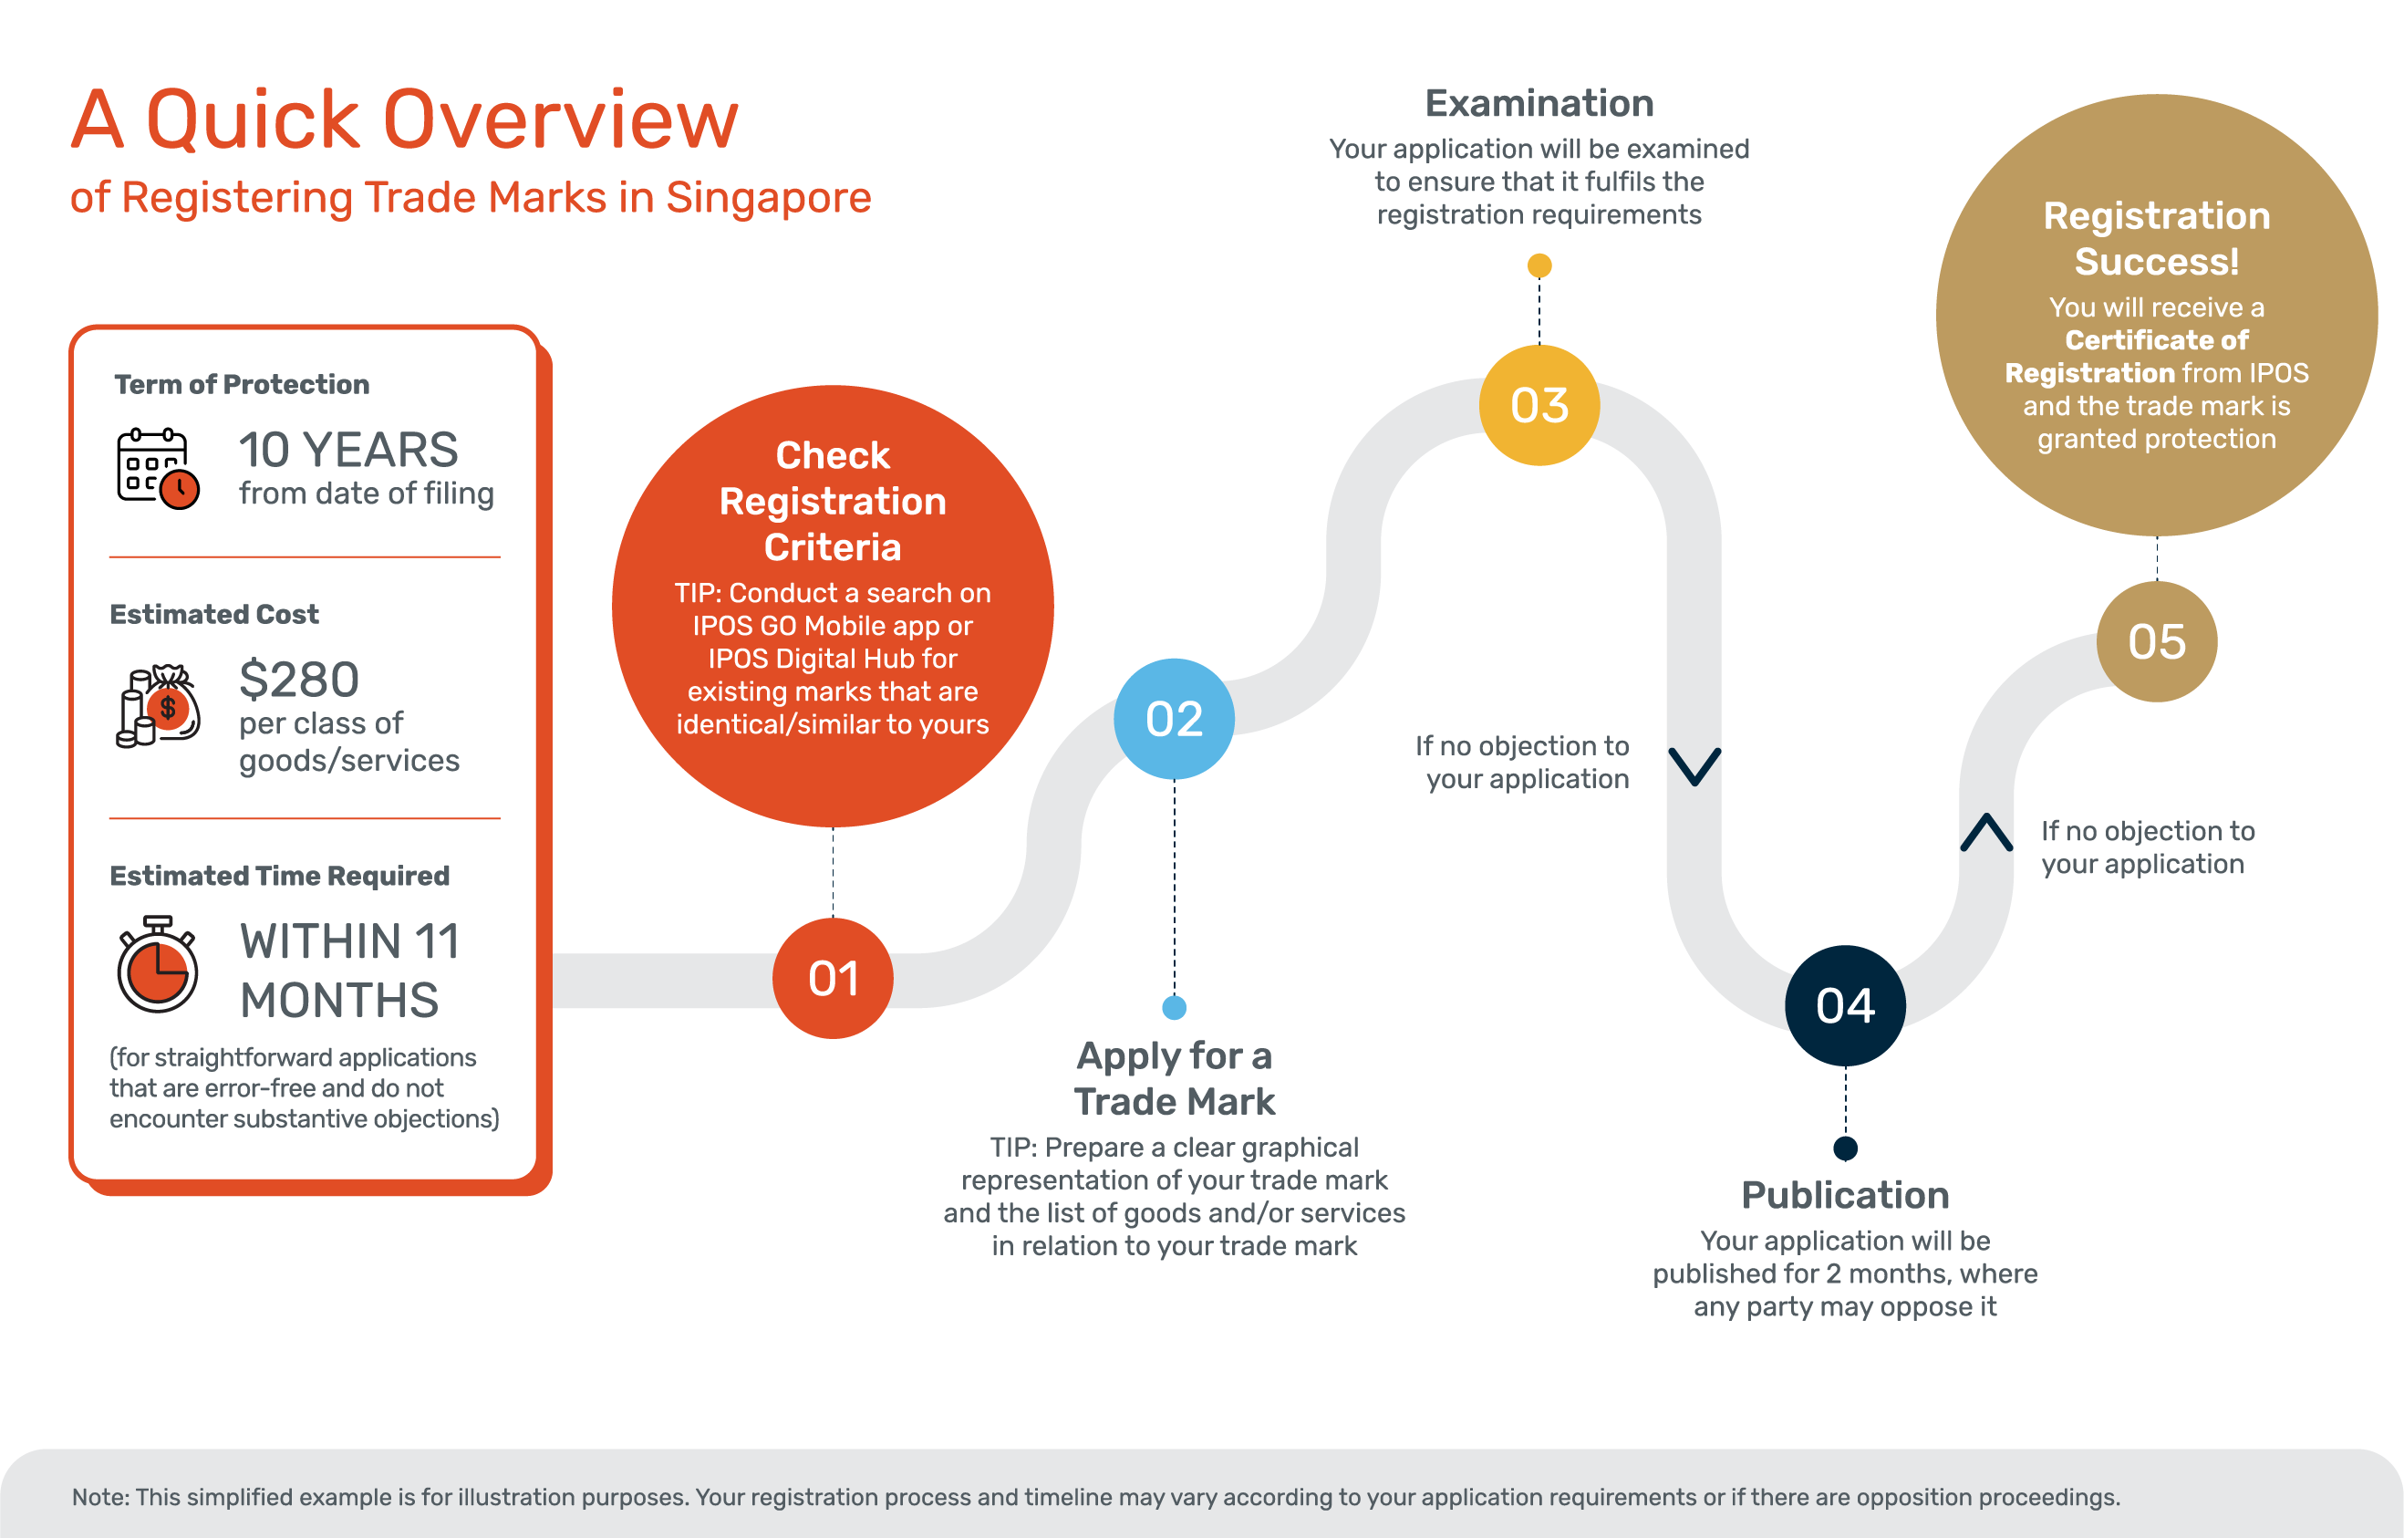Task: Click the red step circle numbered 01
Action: click(x=833, y=979)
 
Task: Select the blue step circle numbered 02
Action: click(x=1174, y=719)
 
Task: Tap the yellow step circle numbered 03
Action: click(x=1539, y=405)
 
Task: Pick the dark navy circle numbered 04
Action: click(x=1845, y=1005)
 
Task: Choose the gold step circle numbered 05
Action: click(x=2157, y=642)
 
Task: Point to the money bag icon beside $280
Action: click(x=159, y=706)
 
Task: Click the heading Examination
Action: click(x=1539, y=103)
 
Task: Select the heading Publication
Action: click(x=1845, y=1194)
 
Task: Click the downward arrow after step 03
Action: click(x=1694, y=766)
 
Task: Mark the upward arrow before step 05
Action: click(x=1985, y=832)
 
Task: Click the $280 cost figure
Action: click(x=298, y=681)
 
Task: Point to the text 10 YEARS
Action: click(x=347, y=451)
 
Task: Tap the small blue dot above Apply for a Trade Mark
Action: click(x=1174, y=1008)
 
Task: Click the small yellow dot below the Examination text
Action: click(x=1539, y=265)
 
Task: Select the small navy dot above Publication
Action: click(x=1845, y=1148)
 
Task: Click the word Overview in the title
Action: click(x=560, y=120)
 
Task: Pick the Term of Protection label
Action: click(x=242, y=385)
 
